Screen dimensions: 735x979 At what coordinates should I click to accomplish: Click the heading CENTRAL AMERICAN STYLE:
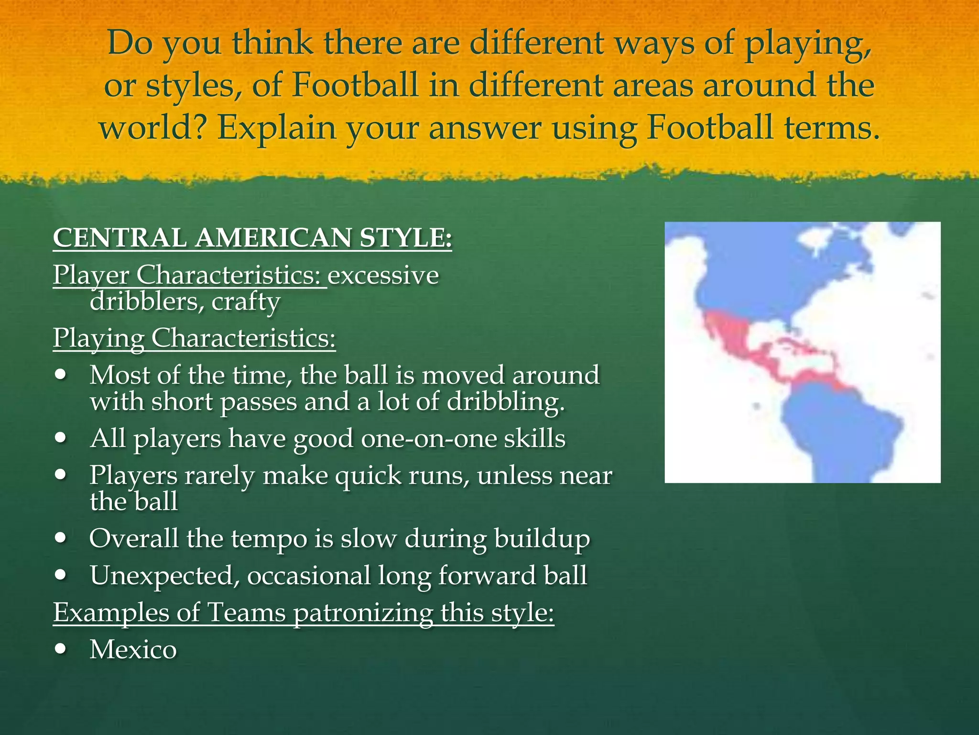coord(252,238)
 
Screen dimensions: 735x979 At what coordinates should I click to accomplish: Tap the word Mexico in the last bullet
coord(133,649)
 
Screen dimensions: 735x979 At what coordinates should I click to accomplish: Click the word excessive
coord(383,275)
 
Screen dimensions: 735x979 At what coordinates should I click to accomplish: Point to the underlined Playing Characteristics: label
coord(194,338)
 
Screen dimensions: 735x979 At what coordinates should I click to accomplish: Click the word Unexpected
coord(164,575)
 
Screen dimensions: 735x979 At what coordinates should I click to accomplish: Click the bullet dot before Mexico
coord(61,649)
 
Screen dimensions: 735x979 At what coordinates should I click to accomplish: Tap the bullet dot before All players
coord(61,438)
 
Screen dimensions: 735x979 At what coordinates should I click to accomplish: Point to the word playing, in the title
coord(808,44)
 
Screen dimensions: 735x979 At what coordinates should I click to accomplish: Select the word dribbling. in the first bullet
coord(506,402)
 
